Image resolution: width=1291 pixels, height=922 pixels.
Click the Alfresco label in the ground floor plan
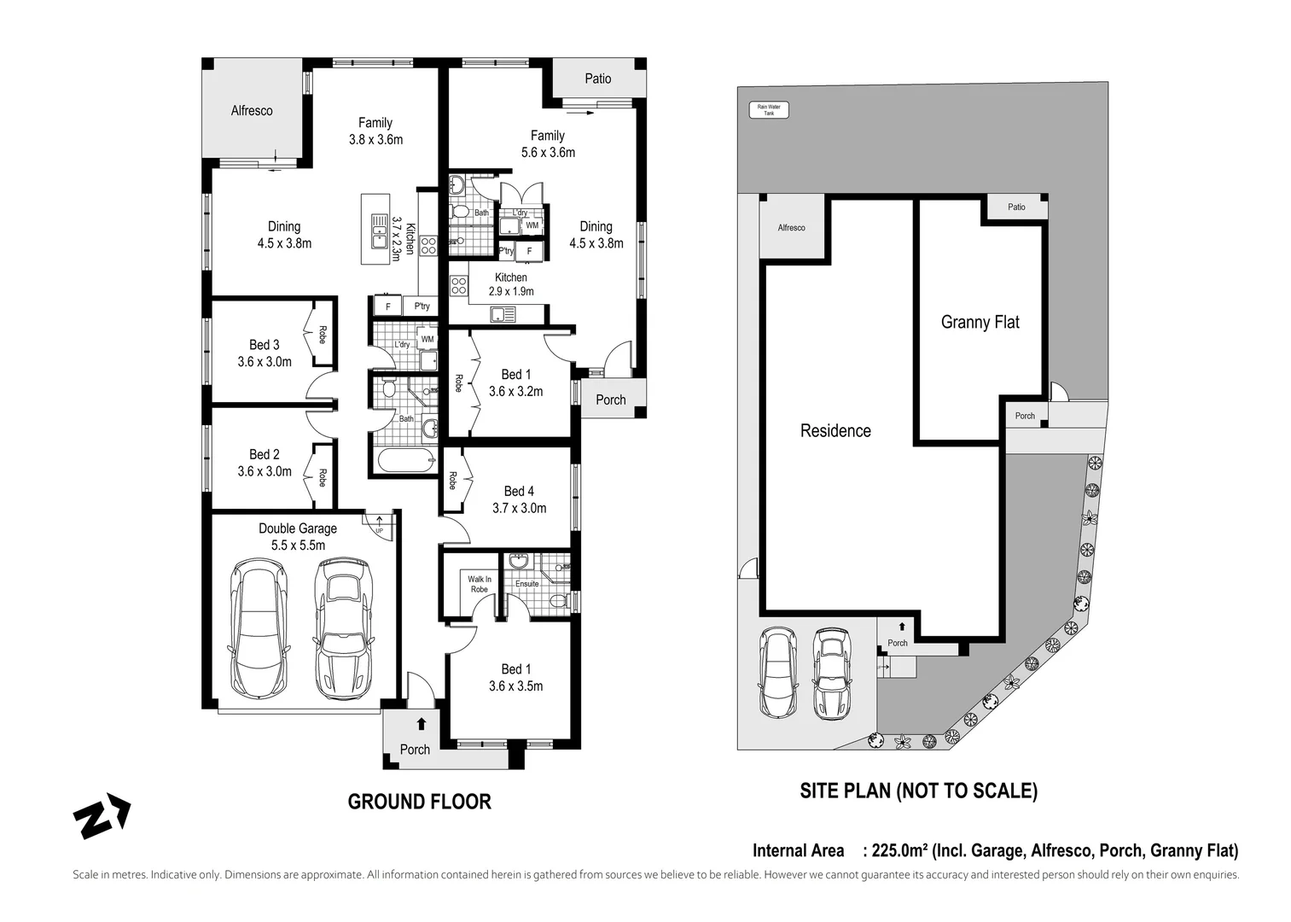tap(251, 111)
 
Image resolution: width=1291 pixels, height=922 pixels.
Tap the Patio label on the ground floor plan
tap(597, 79)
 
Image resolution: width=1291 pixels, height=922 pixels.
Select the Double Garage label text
tap(298, 528)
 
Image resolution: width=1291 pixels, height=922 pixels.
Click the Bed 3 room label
tap(264, 345)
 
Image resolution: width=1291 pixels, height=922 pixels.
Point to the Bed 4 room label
tap(519, 491)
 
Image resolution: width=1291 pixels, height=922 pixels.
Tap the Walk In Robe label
tap(480, 584)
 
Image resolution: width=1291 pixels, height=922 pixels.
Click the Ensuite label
tap(526, 584)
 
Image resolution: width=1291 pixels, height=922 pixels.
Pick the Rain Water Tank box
tap(769, 109)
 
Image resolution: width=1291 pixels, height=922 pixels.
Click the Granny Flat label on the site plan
tap(980, 322)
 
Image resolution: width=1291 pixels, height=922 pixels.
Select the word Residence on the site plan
tap(835, 431)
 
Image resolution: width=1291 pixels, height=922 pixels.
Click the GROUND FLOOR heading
tap(420, 802)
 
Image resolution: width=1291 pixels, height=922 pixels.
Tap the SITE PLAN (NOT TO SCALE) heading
tap(918, 791)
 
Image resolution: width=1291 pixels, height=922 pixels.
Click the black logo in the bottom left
tap(102, 816)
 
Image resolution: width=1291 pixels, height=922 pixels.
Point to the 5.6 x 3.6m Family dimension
tap(548, 152)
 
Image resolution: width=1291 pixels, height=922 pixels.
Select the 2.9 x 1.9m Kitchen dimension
tap(510, 291)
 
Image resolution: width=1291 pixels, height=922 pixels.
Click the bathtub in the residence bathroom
tap(406, 460)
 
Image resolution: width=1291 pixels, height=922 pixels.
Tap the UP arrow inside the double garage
tap(379, 522)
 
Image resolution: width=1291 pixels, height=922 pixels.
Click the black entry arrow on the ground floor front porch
tap(422, 724)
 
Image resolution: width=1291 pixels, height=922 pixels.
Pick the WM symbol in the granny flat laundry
tap(532, 225)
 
